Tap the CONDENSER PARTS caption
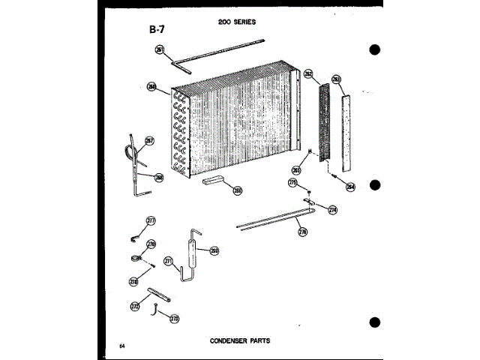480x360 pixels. click(240, 340)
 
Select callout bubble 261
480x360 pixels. click(160, 49)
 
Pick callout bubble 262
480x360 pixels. click(308, 75)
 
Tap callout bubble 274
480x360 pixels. click(333, 210)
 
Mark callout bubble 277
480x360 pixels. click(151, 220)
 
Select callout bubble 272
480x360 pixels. click(135, 306)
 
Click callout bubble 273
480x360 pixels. click(174, 319)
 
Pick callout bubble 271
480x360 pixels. click(169, 262)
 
